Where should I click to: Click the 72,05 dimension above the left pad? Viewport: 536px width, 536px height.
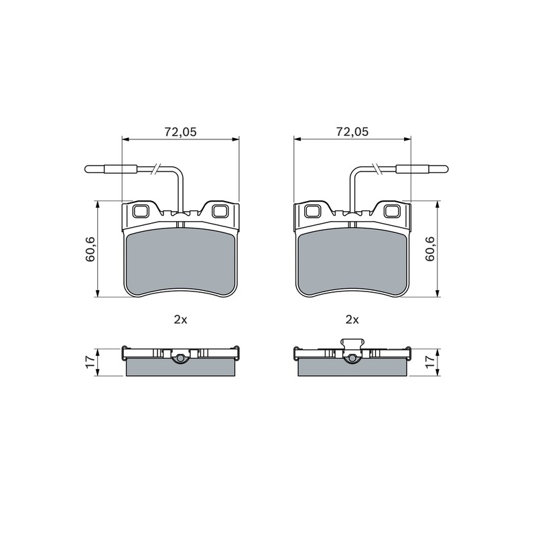tap(180, 131)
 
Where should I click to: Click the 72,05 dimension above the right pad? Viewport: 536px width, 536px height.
tap(352, 131)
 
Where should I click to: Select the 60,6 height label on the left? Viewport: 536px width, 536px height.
tap(90, 249)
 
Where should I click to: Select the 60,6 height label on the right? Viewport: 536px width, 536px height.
tap(429, 249)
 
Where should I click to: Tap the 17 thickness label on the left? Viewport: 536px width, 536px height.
tap(90, 362)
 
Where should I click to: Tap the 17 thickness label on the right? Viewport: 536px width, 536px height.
tap(429, 362)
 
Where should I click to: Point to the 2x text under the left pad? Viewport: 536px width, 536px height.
tap(180, 320)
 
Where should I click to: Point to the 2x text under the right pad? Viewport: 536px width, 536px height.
tap(352, 320)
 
